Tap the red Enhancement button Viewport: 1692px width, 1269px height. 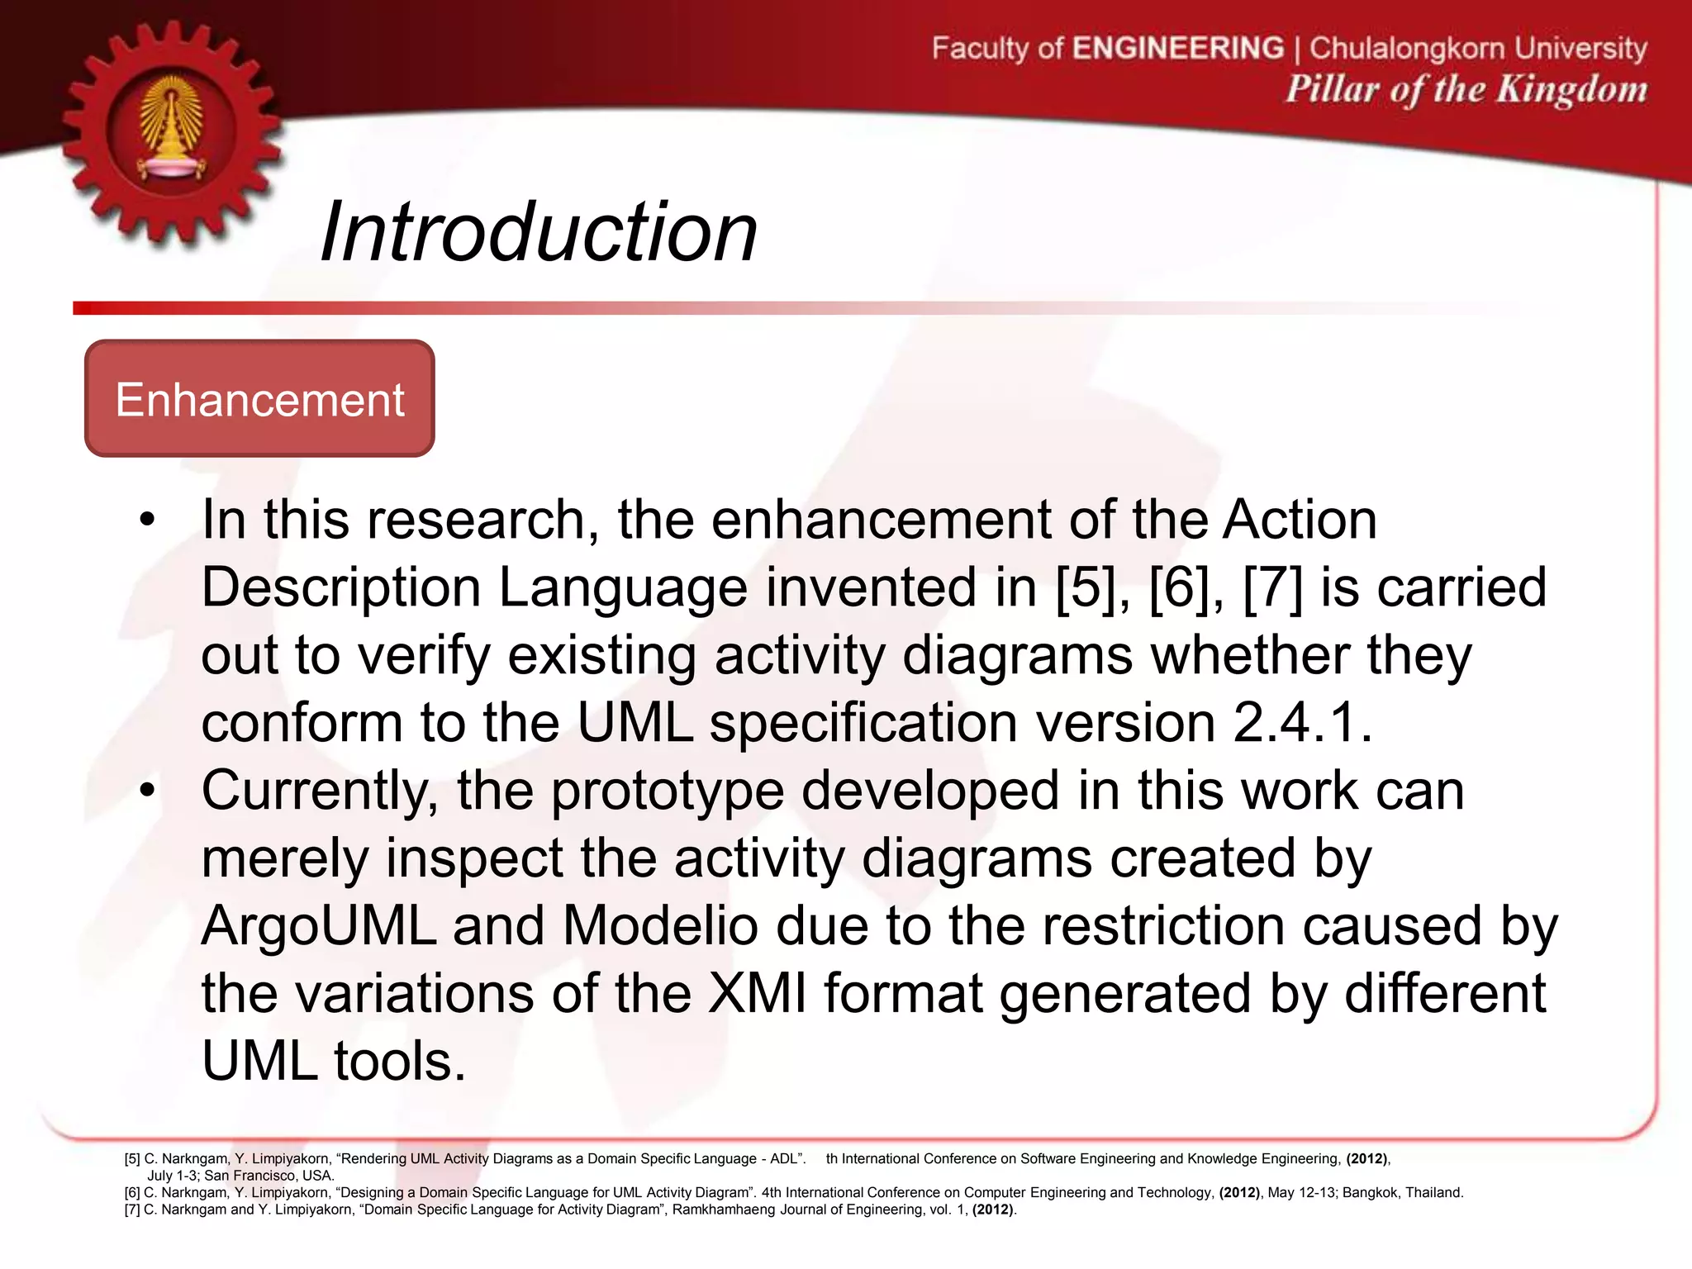point(259,399)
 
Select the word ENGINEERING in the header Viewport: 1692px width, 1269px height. point(1177,48)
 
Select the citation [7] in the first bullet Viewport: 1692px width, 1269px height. point(1272,587)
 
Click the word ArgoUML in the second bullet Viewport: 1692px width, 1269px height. point(319,926)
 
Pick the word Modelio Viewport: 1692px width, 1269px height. point(660,926)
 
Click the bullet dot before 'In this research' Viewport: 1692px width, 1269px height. point(147,520)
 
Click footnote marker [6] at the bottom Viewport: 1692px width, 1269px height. point(132,1193)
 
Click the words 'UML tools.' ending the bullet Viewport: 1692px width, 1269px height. point(334,1062)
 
